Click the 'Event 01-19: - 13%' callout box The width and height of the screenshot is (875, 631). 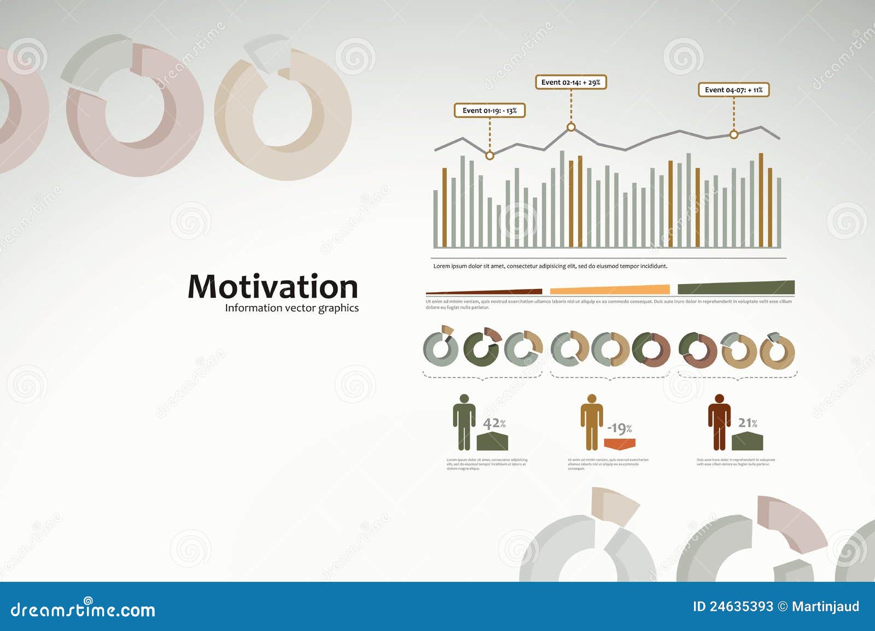click(x=489, y=110)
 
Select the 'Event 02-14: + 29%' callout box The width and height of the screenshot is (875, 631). click(x=570, y=82)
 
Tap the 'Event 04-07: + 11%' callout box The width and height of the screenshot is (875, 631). click(x=733, y=90)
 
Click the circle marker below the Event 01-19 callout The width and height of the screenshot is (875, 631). click(x=489, y=156)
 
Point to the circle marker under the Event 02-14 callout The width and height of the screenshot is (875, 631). click(x=571, y=127)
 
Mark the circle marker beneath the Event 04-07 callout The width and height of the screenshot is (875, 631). click(x=734, y=134)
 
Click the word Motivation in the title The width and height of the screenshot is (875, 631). click(x=272, y=287)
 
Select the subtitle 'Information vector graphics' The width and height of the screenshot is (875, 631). click(x=291, y=308)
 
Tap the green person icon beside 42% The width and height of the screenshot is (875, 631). click(x=464, y=422)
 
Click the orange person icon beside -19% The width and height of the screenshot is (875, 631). click(x=591, y=422)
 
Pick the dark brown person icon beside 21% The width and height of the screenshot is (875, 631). click(x=719, y=422)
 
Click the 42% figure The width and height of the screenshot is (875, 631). click(x=494, y=423)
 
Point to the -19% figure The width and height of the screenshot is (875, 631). click(x=620, y=428)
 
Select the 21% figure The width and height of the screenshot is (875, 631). click(x=747, y=423)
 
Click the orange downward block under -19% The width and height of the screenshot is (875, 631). click(x=620, y=444)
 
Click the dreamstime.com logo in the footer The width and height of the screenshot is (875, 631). click(x=83, y=609)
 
